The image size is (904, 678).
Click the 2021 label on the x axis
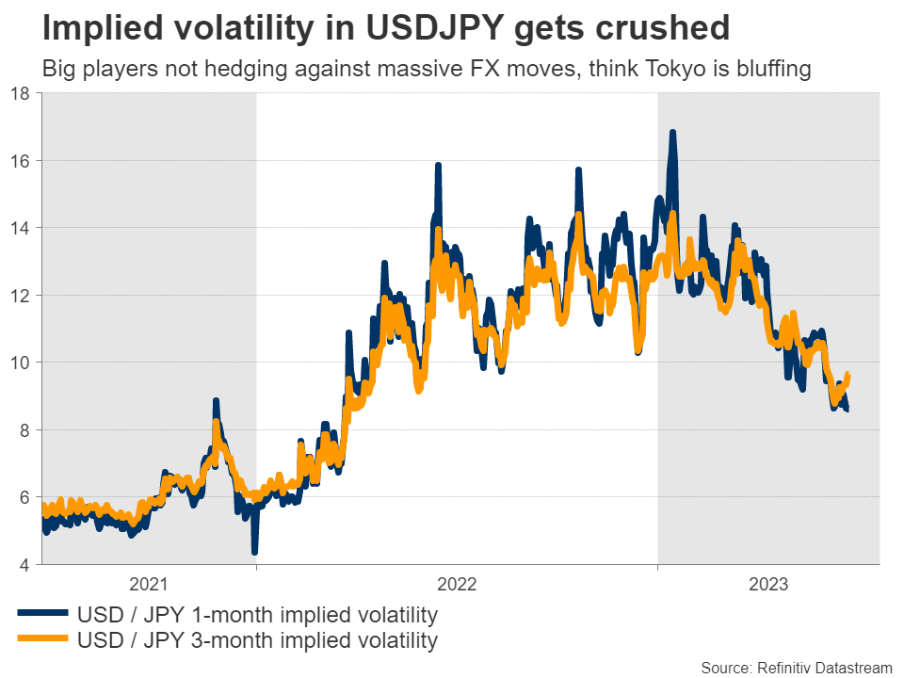click(150, 584)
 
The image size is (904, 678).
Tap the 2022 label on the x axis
click(458, 584)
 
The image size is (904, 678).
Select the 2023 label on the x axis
click(768, 584)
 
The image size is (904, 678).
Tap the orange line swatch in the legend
click(42, 641)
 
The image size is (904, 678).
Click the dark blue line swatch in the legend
click(42, 616)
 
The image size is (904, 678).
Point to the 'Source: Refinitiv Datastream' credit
click(796, 668)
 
